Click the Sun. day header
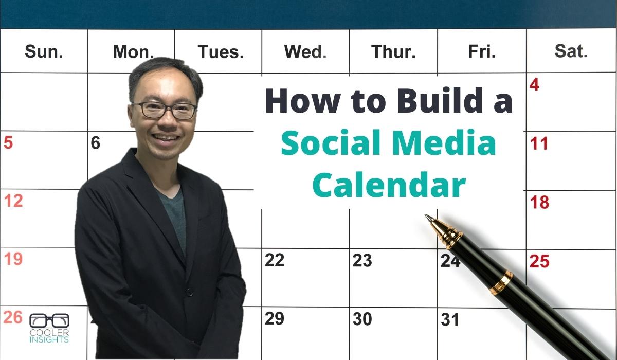pos(44,51)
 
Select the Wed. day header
pos(305,51)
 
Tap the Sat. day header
pos(571,51)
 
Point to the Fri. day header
pos(482,51)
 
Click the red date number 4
pos(534,84)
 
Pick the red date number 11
pos(539,143)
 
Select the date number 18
pos(539,202)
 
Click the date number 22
pos(275,260)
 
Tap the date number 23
pos(362,260)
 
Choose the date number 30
pos(362,319)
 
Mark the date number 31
pos(450,319)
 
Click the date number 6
pos(95,143)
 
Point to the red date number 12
pos(13,201)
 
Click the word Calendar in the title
pos(389,184)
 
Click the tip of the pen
pos(426,215)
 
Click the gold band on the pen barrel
pos(501,283)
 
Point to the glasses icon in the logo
pos(49,320)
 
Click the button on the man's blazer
pos(189,293)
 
